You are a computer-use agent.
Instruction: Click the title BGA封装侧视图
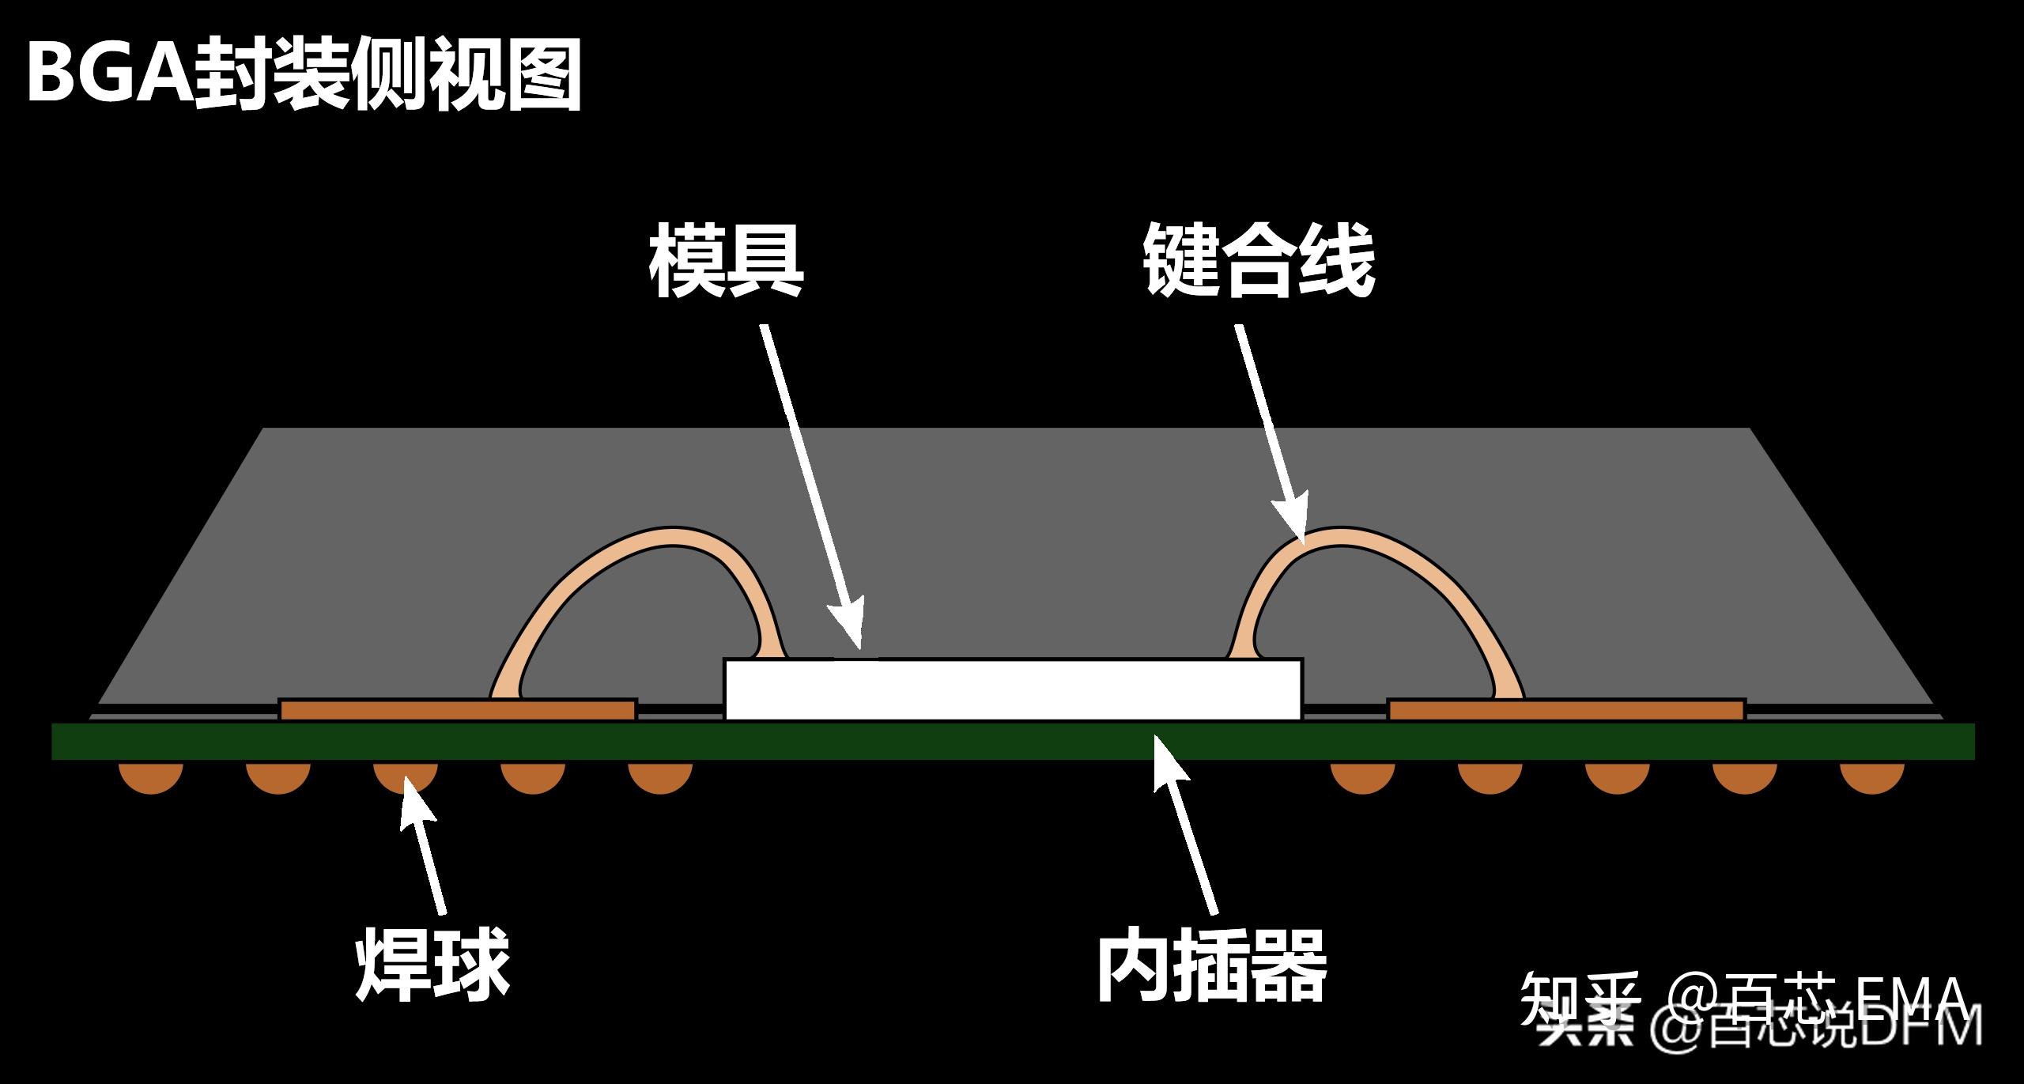tap(304, 75)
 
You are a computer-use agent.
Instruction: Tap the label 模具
tap(726, 261)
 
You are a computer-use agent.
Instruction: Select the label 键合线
tap(1259, 261)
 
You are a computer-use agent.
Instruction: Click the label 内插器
tap(1211, 967)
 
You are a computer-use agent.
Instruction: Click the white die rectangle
tap(1012, 690)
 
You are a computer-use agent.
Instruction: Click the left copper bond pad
tap(459, 710)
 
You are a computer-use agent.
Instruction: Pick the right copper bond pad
tap(1565, 710)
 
